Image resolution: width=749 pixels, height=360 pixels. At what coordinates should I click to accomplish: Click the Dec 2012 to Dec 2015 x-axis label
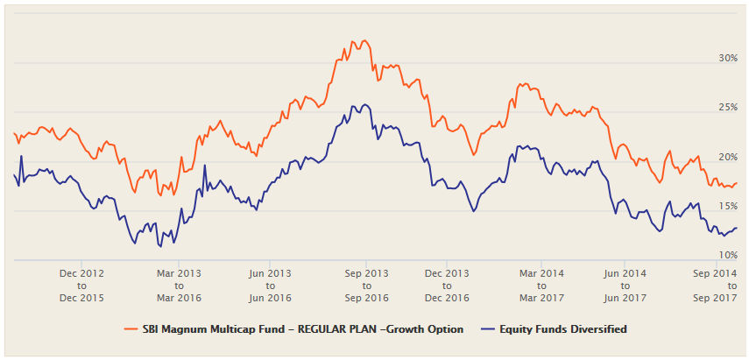[81, 286]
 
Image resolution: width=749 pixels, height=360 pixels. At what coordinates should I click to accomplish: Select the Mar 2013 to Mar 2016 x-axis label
[178, 286]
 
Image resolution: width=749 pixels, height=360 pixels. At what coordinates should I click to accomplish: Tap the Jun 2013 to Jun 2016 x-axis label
[268, 286]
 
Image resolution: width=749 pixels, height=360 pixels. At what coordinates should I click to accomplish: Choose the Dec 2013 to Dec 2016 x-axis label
[447, 286]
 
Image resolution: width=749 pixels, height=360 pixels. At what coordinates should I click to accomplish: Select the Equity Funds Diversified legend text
[564, 329]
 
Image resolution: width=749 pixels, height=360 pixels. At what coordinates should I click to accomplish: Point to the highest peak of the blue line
[355, 105]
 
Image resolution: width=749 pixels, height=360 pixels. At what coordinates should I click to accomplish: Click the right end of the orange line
[737, 183]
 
